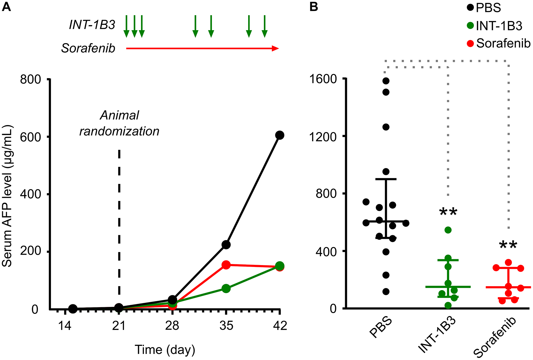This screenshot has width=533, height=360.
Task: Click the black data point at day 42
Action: [x=279, y=135]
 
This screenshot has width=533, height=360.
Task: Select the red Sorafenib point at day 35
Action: [x=226, y=265]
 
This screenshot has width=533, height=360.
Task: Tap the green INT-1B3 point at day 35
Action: [x=226, y=289]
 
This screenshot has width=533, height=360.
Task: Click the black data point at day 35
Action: [x=226, y=245]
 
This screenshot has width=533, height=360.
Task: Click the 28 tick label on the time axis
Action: [x=172, y=326]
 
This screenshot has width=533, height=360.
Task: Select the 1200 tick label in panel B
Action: [x=323, y=136]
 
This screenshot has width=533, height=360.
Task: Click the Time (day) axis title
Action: [x=165, y=350]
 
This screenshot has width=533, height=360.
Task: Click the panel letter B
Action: [x=314, y=7]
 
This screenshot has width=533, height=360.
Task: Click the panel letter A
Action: [x=6, y=7]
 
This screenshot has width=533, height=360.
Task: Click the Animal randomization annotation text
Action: [x=119, y=123]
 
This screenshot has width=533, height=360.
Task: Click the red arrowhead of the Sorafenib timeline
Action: [x=275, y=48]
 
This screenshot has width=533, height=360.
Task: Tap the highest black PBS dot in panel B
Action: [x=386, y=81]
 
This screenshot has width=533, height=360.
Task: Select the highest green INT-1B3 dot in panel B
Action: [x=448, y=230]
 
